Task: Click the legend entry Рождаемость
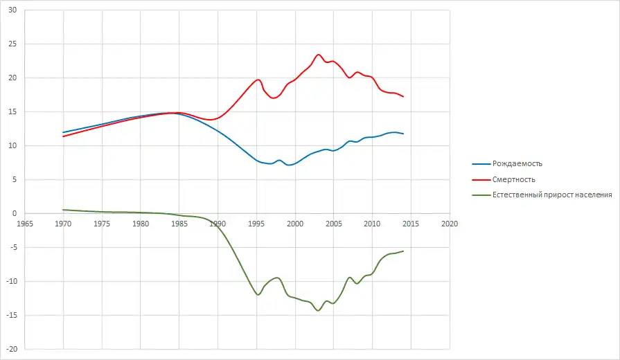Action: tap(517, 164)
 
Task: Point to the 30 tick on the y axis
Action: tap(13, 10)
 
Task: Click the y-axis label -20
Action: tap(12, 349)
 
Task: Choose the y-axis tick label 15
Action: tap(13, 111)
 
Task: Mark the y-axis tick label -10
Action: tap(12, 281)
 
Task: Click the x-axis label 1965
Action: tap(25, 224)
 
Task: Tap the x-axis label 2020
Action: tap(449, 224)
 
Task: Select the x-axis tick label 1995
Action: tap(256, 224)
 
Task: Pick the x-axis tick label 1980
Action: tap(141, 224)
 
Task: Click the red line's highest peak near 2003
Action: tap(319, 55)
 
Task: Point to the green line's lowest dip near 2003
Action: tap(319, 310)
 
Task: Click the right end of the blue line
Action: tap(403, 134)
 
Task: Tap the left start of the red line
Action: tap(63, 136)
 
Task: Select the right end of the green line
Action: tap(403, 251)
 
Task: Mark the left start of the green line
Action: tap(63, 210)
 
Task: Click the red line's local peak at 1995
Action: tap(258, 80)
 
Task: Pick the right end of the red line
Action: tap(403, 96)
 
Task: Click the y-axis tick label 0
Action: tap(15, 213)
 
